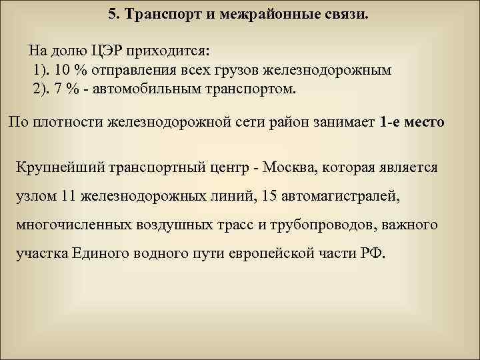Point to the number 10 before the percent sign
(x=62, y=69)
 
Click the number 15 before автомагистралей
(x=271, y=196)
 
